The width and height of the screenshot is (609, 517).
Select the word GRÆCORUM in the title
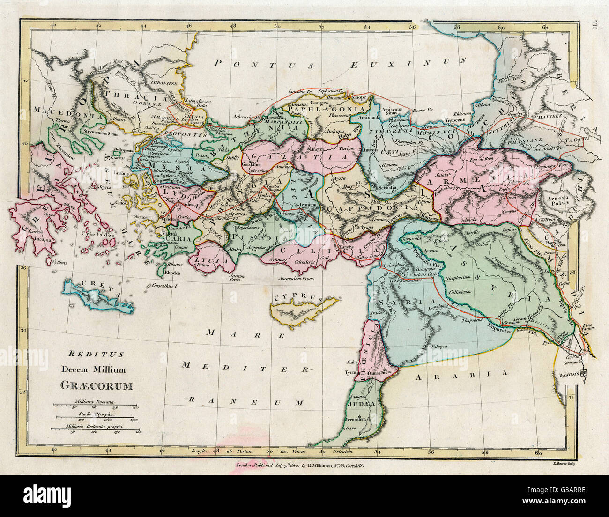(96, 386)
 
